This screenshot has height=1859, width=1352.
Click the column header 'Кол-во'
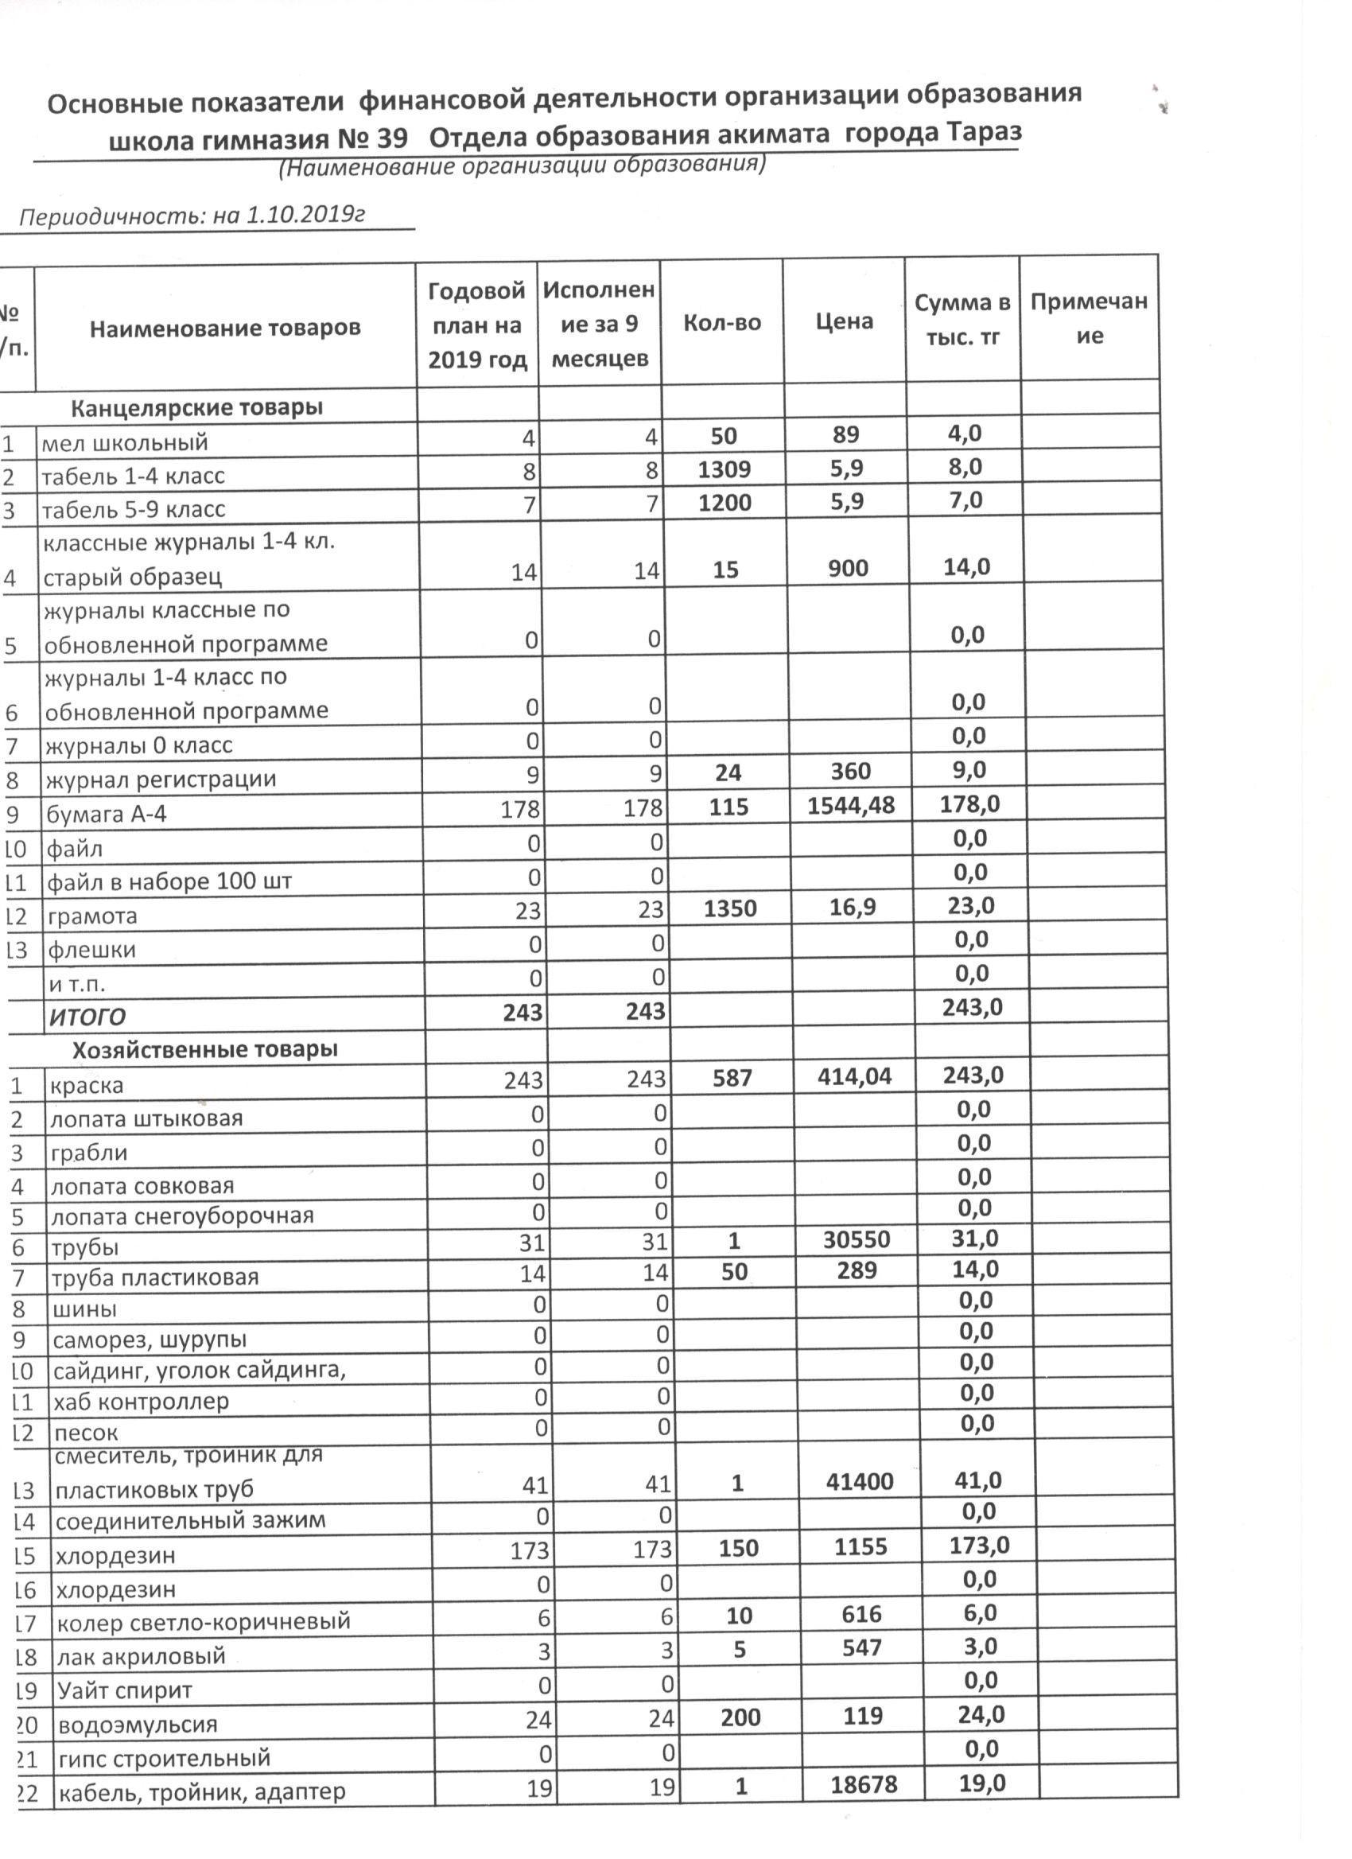[x=722, y=323]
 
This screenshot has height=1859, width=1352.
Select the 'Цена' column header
[x=844, y=321]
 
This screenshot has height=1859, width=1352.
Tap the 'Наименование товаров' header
[x=225, y=329]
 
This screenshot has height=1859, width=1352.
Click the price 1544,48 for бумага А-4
[x=850, y=806]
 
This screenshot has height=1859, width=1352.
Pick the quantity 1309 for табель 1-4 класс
[x=725, y=469]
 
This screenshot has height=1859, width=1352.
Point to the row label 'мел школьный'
[x=125, y=443]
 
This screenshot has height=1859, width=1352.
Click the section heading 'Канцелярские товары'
[x=196, y=407]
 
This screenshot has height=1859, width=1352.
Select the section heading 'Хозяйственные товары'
[x=205, y=1050]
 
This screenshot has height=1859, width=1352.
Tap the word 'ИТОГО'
[x=87, y=1017]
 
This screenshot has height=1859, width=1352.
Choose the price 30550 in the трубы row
[x=857, y=1239]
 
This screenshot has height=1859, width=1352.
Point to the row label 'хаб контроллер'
[x=141, y=1402]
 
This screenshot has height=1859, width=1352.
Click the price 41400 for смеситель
[x=860, y=1481]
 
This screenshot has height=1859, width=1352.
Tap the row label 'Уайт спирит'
[x=125, y=1690]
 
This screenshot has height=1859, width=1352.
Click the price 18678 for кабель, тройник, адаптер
[x=864, y=1784]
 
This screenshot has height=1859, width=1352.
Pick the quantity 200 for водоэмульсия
[x=740, y=1717]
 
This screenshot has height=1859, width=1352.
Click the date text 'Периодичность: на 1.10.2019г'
[x=191, y=216]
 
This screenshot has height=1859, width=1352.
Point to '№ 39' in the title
[x=372, y=139]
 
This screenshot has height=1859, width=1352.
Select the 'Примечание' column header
[x=1089, y=319]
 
